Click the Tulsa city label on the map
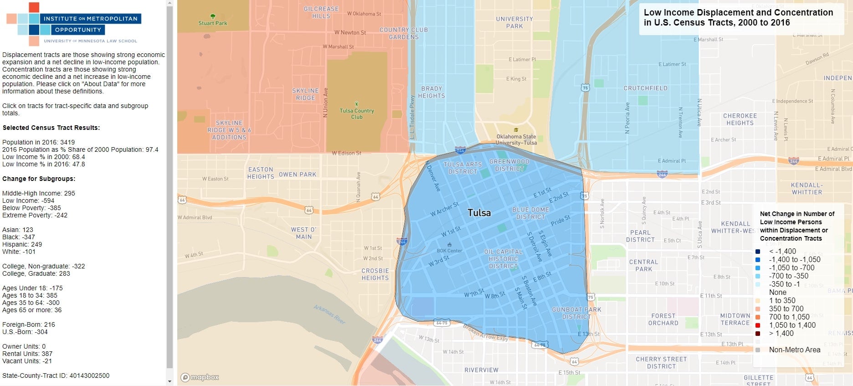(x=479, y=213)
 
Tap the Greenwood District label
(x=509, y=165)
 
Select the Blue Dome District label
(x=530, y=213)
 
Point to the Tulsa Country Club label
(x=356, y=113)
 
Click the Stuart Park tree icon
(x=213, y=16)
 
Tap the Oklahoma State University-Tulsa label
(x=516, y=139)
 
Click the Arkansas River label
(x=329, y=314)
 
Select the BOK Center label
(x=449, y=251)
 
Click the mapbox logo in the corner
(x=200, y=377)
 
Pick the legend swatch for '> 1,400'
(x=758, y=334)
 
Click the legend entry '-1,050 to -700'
(x=791, y=268)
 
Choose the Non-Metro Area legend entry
(x=794, y=350)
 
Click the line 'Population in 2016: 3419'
(x=38, y=142)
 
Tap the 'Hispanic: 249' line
(x=22, y=244)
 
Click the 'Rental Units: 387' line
(x=27, y=354)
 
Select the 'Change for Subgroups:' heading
(x=39, y=179)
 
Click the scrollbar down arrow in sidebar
(x=170, y=381)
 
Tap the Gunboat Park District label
(x=576, y=313)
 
